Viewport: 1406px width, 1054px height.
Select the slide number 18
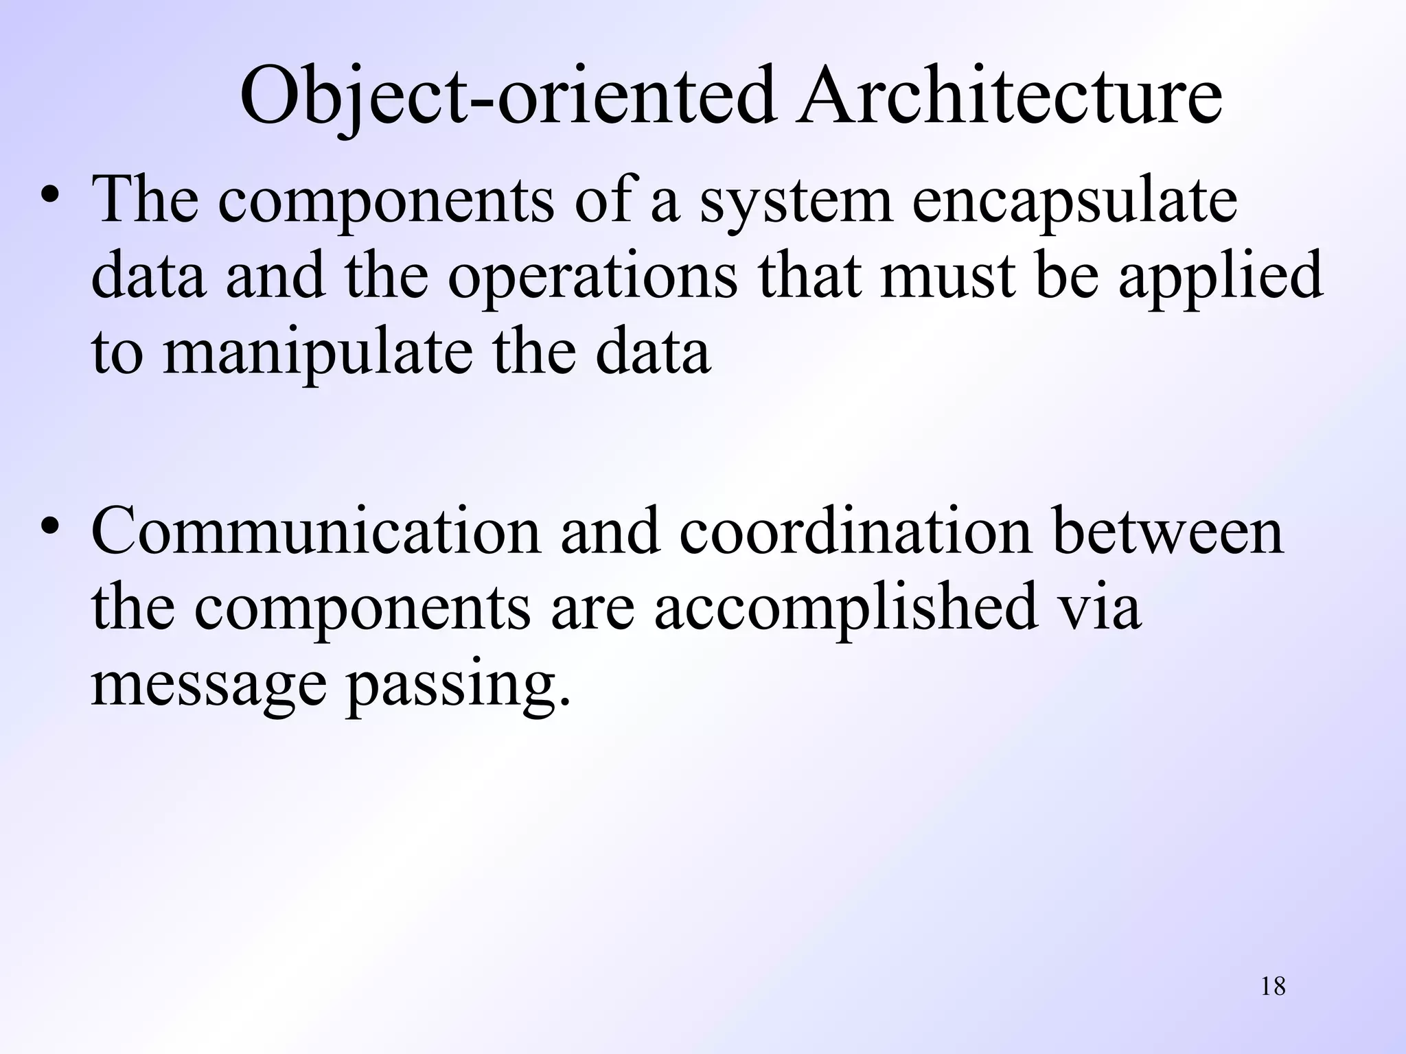pyautogui.click(x=1273, y=986)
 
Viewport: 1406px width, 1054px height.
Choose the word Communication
pyautogui.click(x=316, y=532)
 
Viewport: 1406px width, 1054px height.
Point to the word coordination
pyautogui.click(x=855, y=532)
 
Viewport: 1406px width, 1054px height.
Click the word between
pyautogui.click(x=1168, y=532)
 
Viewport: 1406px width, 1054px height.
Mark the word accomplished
pyautogui.click(x=845, y=607)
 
